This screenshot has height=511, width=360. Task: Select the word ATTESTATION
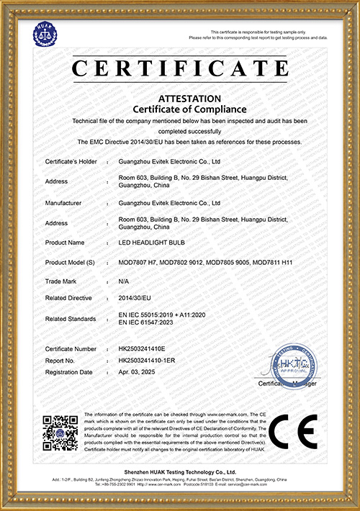180,97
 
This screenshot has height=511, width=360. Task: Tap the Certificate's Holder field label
71,163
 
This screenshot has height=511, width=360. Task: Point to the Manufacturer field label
63,204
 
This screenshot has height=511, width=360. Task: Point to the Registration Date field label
68,372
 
